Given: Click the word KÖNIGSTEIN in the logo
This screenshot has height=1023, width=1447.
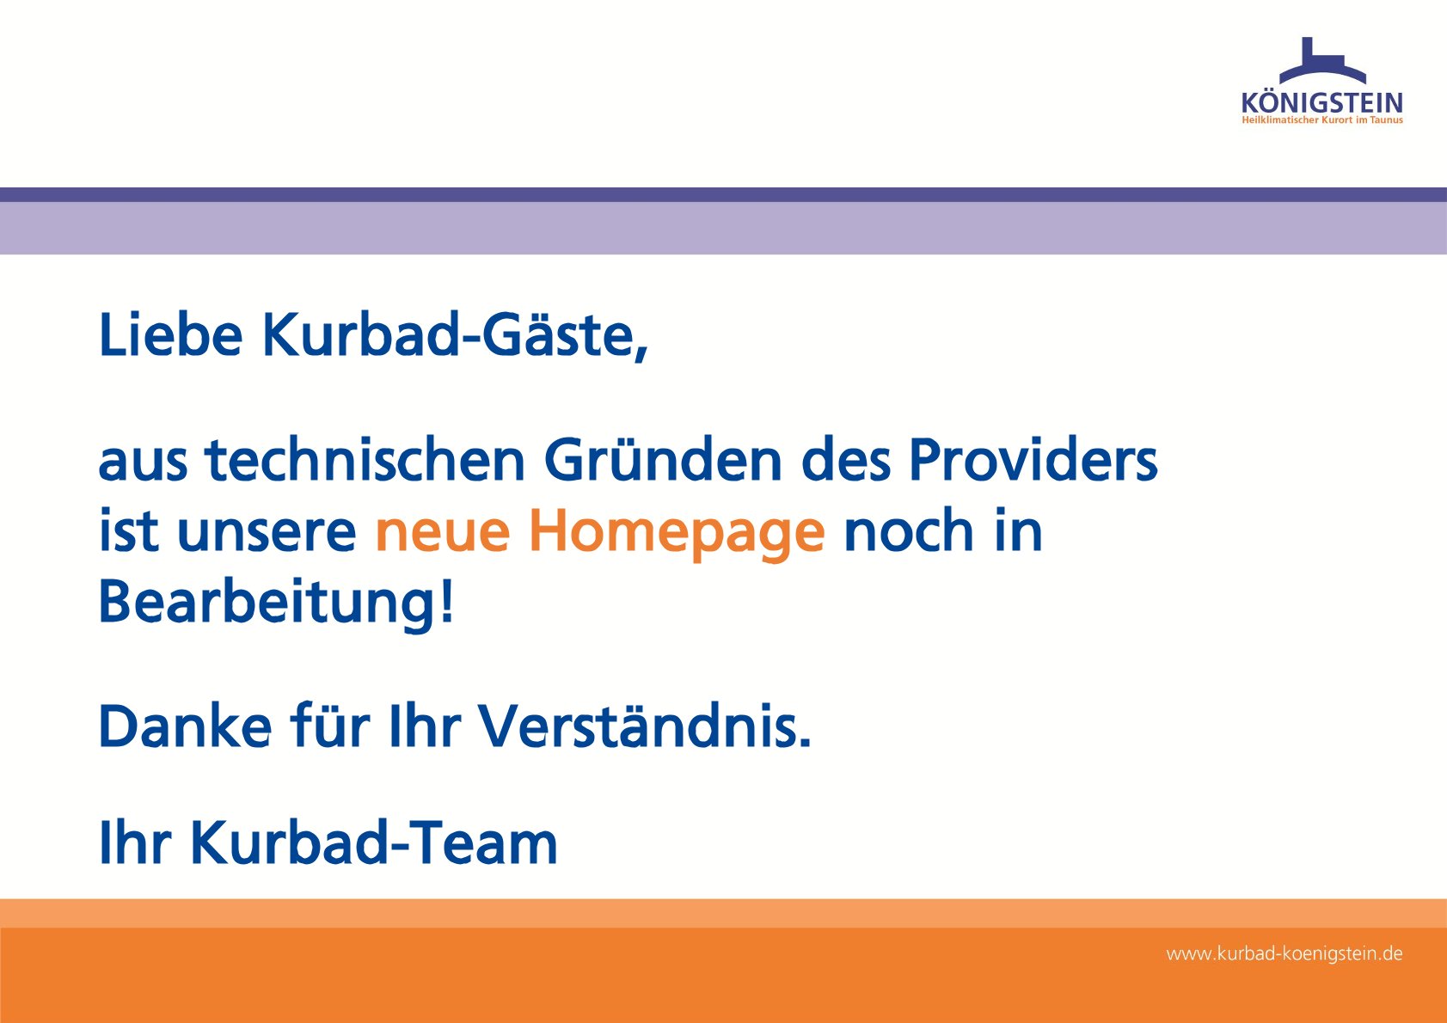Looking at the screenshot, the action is tap(1322, 103).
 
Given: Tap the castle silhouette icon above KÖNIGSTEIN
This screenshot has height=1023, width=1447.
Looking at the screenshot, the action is tap(1323, 61).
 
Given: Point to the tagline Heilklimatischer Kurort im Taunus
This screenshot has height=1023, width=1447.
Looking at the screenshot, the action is tap(1322, 120).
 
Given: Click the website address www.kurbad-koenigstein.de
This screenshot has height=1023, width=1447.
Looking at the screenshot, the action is tap(1285, 954).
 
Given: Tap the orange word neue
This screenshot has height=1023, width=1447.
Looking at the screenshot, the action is tap(443, 532).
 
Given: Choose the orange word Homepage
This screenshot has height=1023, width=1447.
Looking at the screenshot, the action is tap(678, 534).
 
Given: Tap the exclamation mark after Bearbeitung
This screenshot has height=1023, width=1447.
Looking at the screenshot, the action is tap(447, 600).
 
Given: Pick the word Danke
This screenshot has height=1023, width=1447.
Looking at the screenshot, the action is tap(186, 726).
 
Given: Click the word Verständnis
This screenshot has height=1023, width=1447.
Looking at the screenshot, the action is tap(644, 726).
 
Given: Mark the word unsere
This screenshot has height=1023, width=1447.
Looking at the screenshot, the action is tap(267, 532).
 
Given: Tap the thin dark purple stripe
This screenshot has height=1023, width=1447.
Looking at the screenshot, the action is tap(724, 194).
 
